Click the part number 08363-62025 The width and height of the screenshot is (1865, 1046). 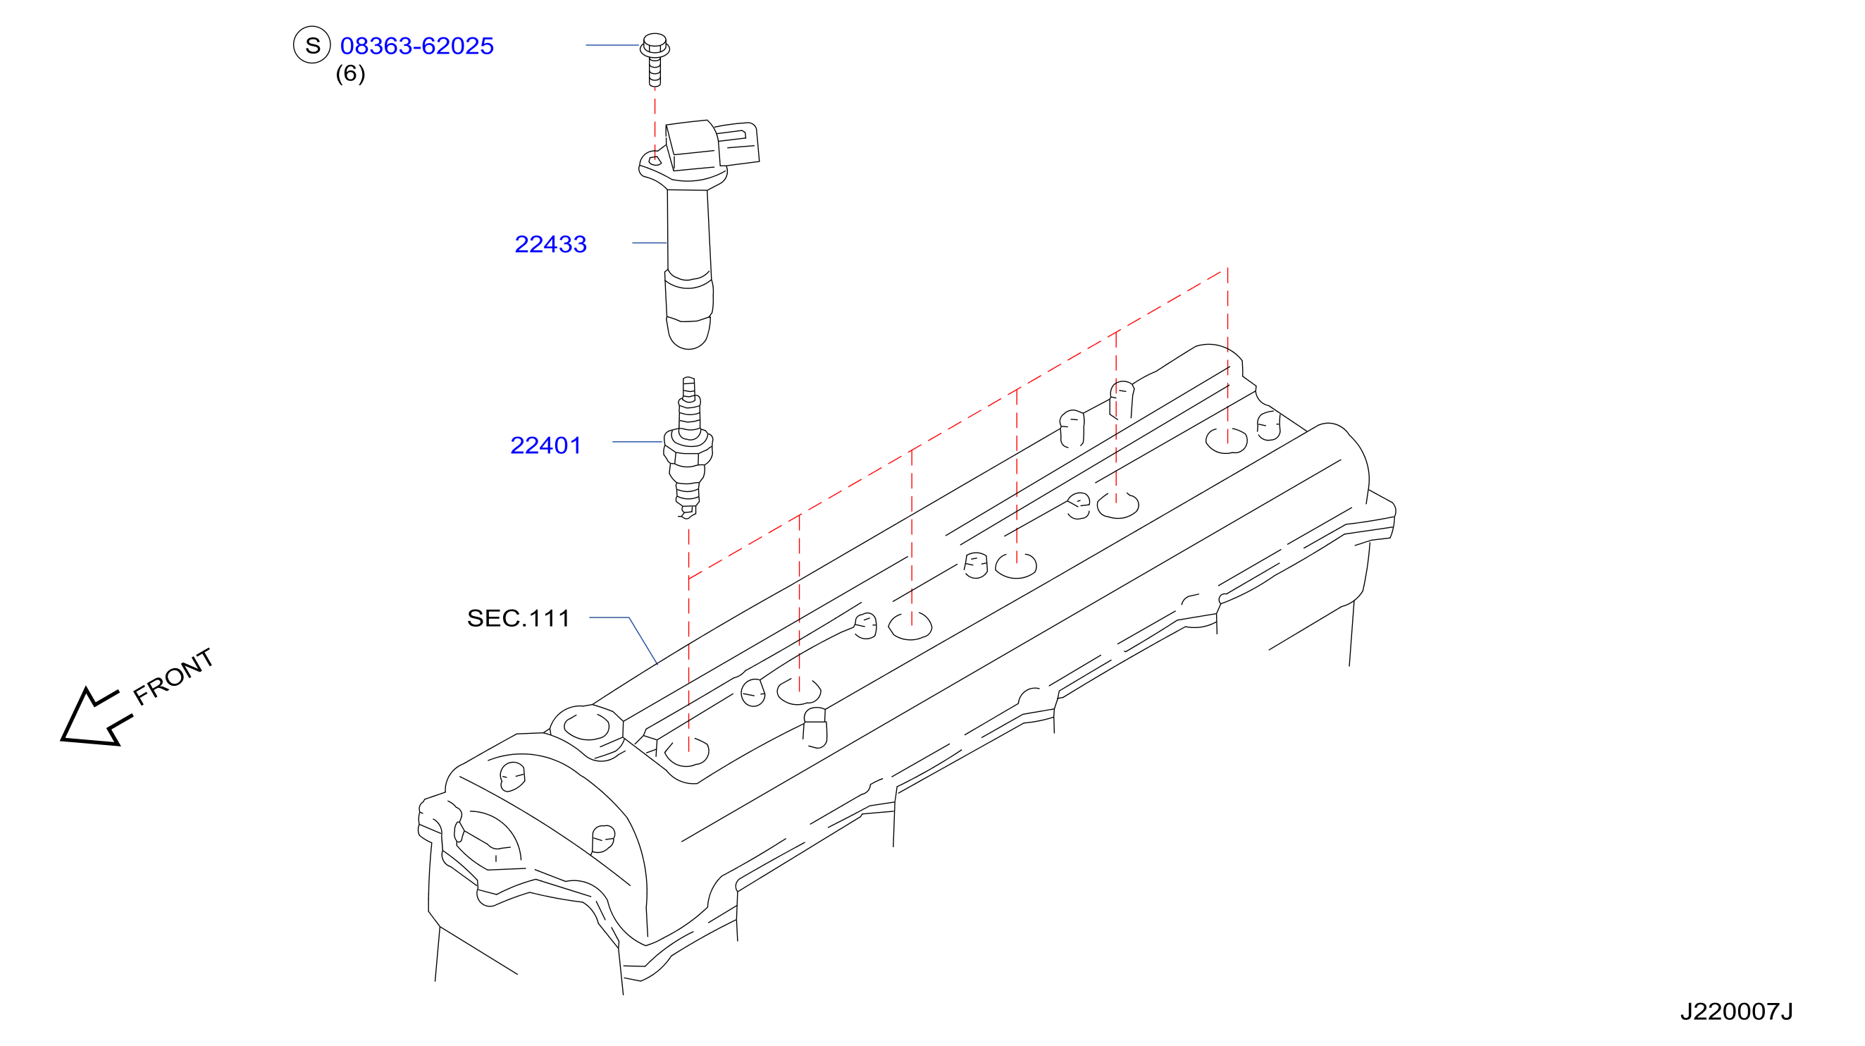click(x=417, y=46)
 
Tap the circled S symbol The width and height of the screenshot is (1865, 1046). click(x=312, y=45)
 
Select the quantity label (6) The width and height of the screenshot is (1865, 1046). click(x=350, y=73)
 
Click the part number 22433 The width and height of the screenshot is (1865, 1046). click(x=550, y=244)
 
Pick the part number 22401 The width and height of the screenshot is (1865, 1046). click(x=546, y=445)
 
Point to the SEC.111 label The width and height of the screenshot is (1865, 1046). click(x=519, y=618)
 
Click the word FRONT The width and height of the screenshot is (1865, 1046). click(x=174, y=677)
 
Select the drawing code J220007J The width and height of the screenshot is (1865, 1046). click(x=1736, y=1011)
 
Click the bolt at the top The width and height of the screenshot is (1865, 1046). click(x=655, y=59)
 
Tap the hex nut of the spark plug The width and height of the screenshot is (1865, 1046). click(x=688, y=449)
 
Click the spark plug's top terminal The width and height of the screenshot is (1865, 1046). click(x=688, y=389)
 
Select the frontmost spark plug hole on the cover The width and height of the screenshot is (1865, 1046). click(x=687, y=753)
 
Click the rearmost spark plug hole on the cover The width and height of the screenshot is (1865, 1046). click(x=1227, y=440)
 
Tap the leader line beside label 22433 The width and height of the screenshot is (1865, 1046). click(x=650, y=242)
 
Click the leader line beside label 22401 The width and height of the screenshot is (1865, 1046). click(x=638, y=442)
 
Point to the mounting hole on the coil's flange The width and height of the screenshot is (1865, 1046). click(x=655, y=161)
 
